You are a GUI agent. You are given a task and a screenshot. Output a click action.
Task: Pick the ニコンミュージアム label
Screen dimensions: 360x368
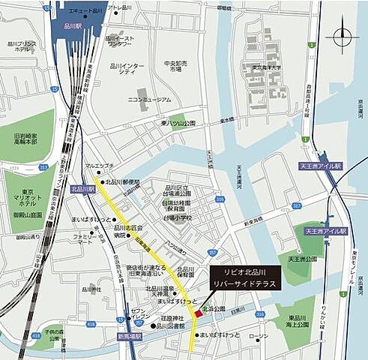coord(150,98)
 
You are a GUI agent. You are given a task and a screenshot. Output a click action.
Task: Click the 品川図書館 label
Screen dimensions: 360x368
coord(172,327)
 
